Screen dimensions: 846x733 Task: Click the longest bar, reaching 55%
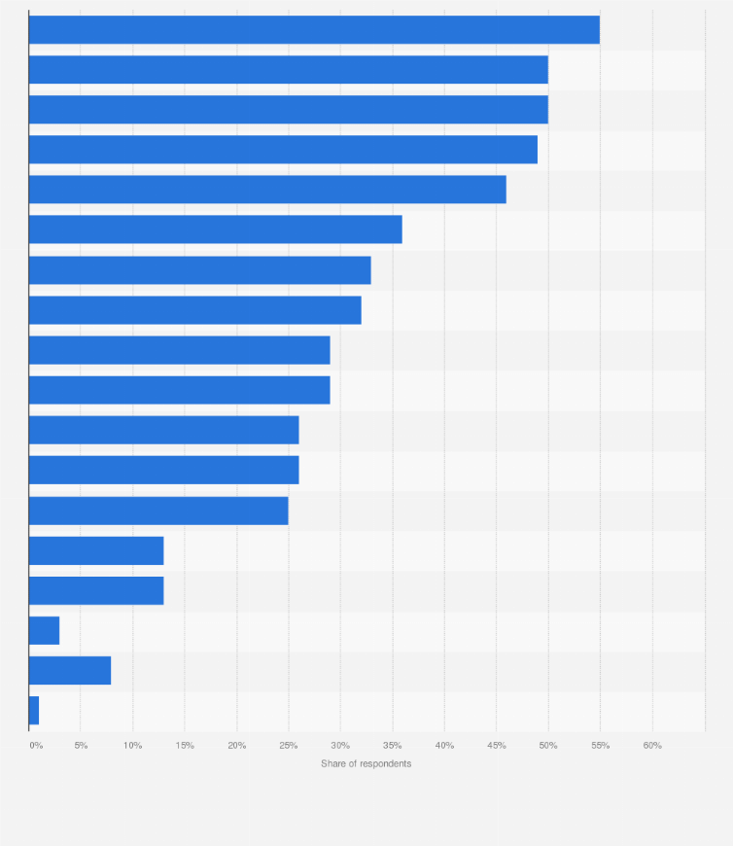314,30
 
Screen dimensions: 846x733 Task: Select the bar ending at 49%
283,150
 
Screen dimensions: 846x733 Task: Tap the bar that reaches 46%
267,190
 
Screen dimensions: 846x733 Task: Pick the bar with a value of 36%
215,229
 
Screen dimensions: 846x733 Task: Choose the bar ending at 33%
199,270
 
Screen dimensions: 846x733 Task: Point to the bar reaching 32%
194,310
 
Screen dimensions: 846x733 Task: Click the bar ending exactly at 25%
158,511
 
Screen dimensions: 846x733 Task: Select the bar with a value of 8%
70,671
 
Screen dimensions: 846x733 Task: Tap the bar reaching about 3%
44,631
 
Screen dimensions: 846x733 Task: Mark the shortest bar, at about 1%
34,711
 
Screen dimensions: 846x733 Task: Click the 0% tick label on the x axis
36,746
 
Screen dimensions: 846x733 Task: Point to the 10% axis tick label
133,746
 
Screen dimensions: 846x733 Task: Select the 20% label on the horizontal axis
237,746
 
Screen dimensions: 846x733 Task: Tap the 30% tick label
341,746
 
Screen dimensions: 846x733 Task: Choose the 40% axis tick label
444,746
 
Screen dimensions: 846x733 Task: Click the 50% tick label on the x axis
548,746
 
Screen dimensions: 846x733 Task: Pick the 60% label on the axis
652,746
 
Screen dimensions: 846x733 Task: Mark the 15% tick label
185,746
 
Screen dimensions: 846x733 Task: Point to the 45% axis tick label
497,746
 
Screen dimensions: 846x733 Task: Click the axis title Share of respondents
366,764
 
